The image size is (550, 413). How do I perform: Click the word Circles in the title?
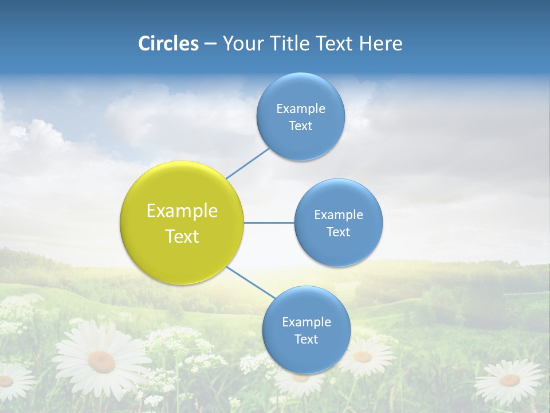pyautogui.click(x=168, y=44)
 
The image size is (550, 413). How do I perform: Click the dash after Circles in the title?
pyautogui.click(x=210, y=44)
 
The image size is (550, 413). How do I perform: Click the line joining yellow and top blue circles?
pyautogui.click(x=247, y=163)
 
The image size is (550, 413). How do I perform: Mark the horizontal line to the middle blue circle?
pyautogui.click(x=269, y=223)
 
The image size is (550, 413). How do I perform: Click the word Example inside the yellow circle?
pyautogui.click(x=182, y=211)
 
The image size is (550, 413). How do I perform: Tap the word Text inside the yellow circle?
pyautogui.click(x=182, y=236)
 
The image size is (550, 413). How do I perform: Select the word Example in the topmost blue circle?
pyautogui.click(x=300, y=108)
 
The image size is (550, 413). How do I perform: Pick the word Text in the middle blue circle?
pyautogui.click(x=338, y=232)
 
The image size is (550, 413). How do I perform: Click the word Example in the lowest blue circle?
pyautogui.click(x=306, y=322)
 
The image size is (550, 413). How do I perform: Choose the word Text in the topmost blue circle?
pyautogui.click(x=300, y=126)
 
